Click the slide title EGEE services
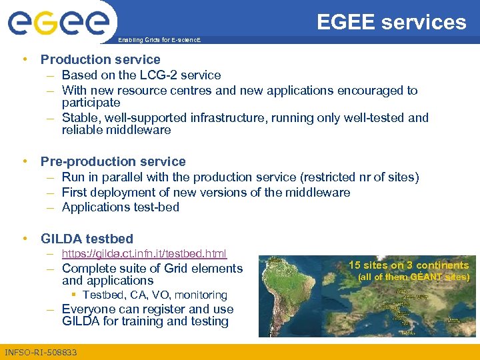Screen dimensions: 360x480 [391, 22]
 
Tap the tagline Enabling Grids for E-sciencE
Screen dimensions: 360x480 [159, 41]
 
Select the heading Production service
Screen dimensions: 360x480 [100, 60]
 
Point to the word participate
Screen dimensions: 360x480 [91, 103]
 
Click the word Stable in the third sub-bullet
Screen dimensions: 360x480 [79, 118]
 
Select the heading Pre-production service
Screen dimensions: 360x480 [113, 161]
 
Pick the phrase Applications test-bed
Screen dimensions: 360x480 [120, 207]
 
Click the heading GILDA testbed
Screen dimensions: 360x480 [87, 239]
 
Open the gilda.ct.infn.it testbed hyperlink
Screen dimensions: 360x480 [144, 253]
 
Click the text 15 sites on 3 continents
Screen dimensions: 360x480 [408, 265]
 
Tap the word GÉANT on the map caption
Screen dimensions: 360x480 [423, 277]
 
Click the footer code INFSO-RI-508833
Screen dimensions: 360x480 [40, 352]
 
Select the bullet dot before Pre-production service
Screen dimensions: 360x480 [25, 161]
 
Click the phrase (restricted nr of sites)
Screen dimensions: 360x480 [359, 177]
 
